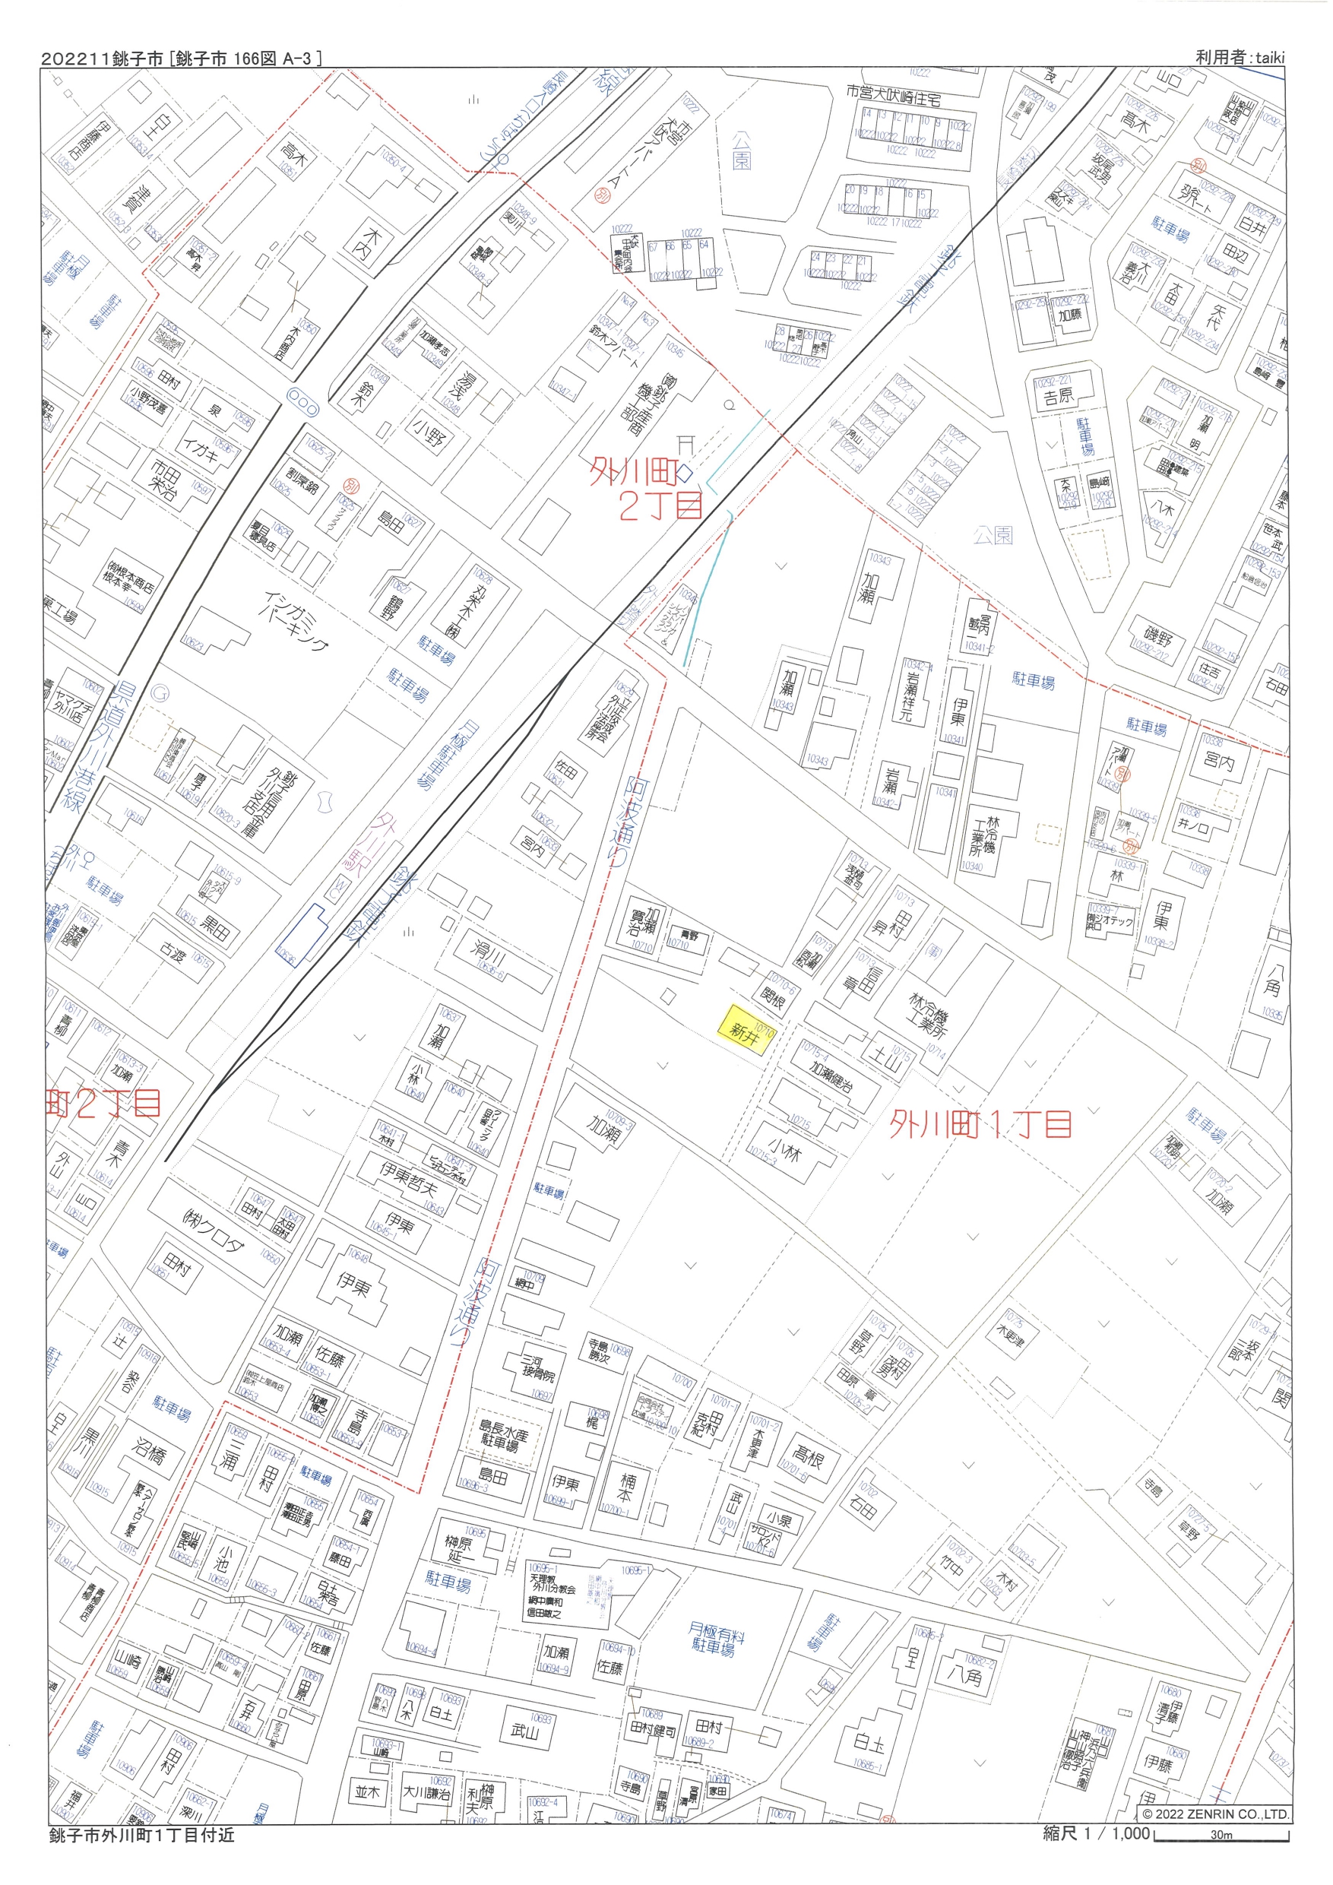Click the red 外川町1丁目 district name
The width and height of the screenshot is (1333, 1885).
coord(981,1124)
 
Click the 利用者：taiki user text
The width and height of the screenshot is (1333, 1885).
coord(1239,58)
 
